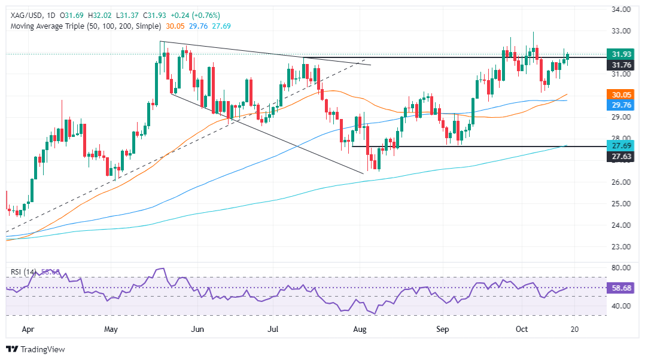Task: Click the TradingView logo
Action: [x=35, y=349]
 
